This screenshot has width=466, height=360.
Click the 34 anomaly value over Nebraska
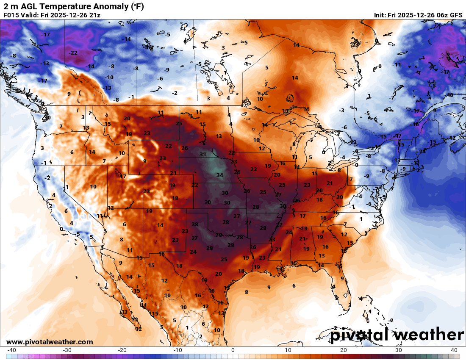click(x=219, y=175)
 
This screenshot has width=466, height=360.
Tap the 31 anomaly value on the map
click(x=203, y=155)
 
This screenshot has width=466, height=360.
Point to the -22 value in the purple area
click(x=73, y=53)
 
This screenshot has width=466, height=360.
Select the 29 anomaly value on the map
click(x=219, y=235)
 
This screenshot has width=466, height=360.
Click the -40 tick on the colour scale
click(x=12, y=350)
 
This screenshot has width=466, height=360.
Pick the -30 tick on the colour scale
click(x=67, y=350)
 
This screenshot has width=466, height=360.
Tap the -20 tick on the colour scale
click(x=122, y=350)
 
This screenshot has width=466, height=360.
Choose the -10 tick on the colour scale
click(x=178, y=350)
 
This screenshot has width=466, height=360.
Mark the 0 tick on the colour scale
click(x=233, y=350)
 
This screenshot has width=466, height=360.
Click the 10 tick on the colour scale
click(x=288, y=350)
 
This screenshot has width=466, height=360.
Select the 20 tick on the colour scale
click(x=344, y=350)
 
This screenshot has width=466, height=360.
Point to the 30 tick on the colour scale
click(x=399, y=350)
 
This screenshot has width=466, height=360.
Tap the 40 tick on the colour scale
click(x=454, y=350)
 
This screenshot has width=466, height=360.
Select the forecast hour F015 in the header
click(x=12, y=15)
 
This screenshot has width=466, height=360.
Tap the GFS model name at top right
click(x=456, y=15)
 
